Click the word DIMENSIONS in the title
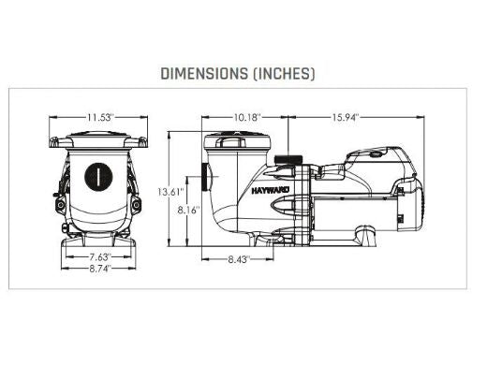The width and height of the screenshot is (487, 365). pyautogui.click(x=204, y=74)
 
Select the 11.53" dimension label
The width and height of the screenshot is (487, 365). pyautogui.click(x=99, y=118)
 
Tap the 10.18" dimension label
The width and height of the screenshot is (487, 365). pyautogui.click(x=246, y=118)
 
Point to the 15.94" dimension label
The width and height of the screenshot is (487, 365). pyautogui.click(x=346, y=118)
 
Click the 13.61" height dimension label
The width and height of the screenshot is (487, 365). pyautogui.click(x=170, y=192)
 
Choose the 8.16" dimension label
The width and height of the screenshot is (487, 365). pyautogui.click(x=188, y=211)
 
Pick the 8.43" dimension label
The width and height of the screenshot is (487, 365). pyautogui.click(x=239, y=259)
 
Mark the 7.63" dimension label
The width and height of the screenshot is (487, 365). pyautogui.click(x=100, y=257)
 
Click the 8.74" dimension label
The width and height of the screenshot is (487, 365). pyautogui.click(x=100, y=269)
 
